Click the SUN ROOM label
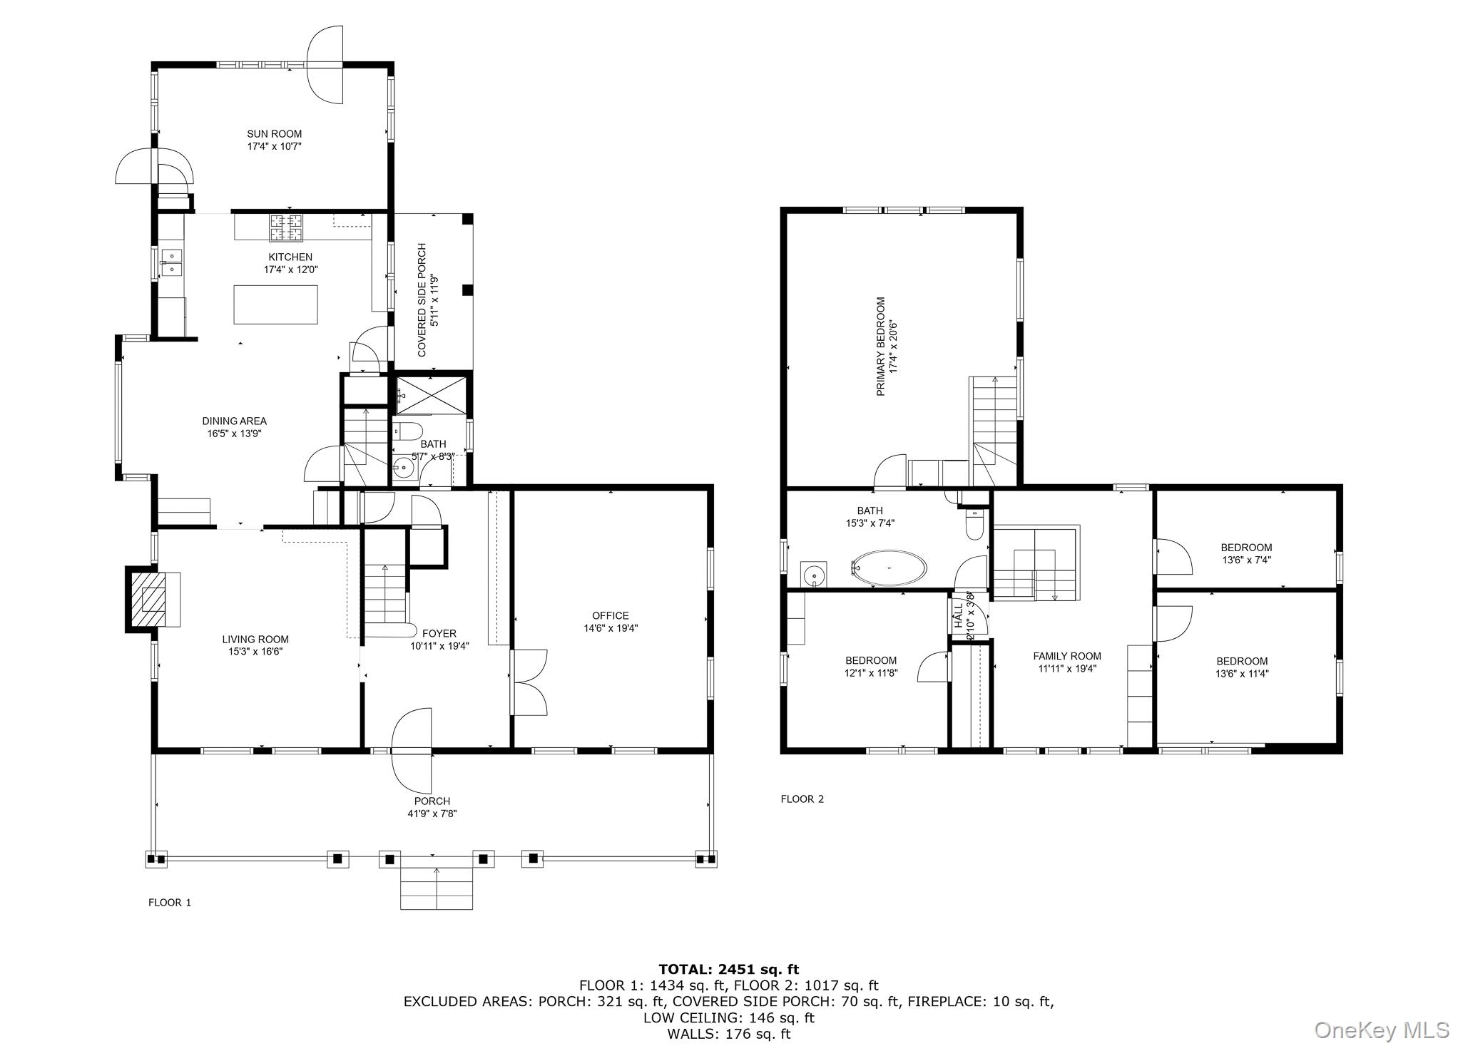click(x=274, y=134)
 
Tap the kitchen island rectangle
click(x=275, y=304)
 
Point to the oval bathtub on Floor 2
click(x=889, y=568)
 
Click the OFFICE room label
click(x=611, y=616)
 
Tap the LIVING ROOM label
click(x=255, y=640)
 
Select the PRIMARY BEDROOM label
click(x=880, y=347)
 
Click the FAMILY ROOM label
click(x=1067, y=656)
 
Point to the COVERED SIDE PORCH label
click(x=422, y=300)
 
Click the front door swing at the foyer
click(x=412, y=751)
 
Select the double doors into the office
click(x=529, y=682)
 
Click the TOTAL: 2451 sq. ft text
click(x=729, y=969)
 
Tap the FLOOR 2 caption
click(x=802, y=799)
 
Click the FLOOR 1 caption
click(x=170, y=903)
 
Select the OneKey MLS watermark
click(x=1380, y=1030)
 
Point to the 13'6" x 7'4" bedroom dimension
click(x=1246, y=560)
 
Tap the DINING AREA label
click(x=234, y=421)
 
